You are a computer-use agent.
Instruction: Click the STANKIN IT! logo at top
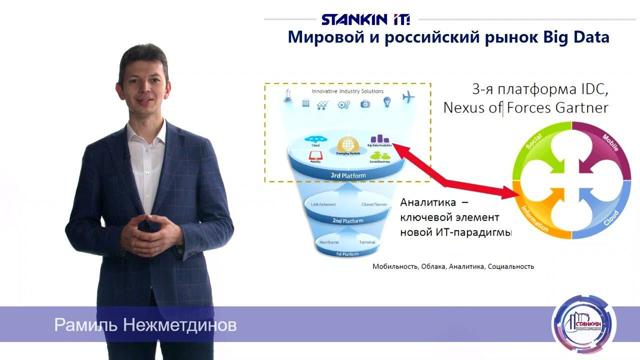point(366,19)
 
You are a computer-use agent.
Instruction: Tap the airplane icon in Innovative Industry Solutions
point(408,97)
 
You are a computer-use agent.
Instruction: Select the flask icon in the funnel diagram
point(288,96)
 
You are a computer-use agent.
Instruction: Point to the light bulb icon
point(386,103)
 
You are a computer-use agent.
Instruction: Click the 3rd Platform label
point(348,175)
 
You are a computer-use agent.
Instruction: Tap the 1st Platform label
point(347,254)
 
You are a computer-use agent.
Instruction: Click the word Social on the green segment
point(534,141)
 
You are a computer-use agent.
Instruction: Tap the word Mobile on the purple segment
point(610,143)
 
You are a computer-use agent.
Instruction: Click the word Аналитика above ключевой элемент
point(428,203)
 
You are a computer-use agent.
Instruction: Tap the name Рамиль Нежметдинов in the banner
point(145,325)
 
